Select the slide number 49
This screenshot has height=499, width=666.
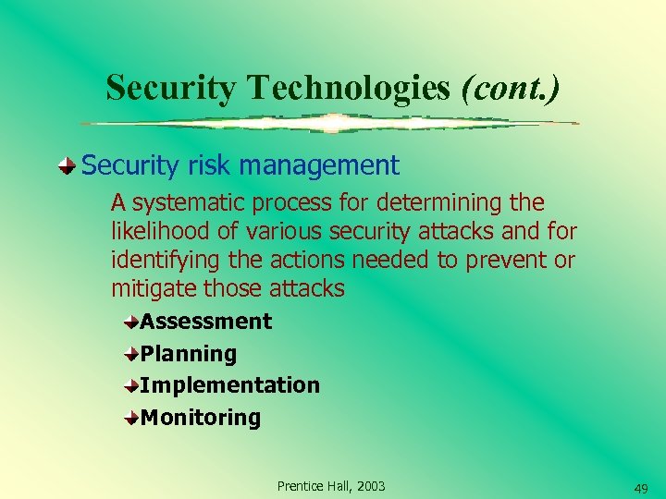[640, 488]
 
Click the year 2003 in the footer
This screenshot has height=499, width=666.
[369, 486]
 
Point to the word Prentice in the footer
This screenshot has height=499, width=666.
[302, 486]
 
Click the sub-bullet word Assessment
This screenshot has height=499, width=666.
[206, 322]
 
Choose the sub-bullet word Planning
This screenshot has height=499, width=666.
[189, 354]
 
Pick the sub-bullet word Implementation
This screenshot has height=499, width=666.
[230, 385]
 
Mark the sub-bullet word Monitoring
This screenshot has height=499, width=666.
[201, 418]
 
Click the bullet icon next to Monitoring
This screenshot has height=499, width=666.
[132, 418]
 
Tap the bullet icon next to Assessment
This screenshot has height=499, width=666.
[132, 322]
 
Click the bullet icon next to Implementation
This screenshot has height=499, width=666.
[132, 385]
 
